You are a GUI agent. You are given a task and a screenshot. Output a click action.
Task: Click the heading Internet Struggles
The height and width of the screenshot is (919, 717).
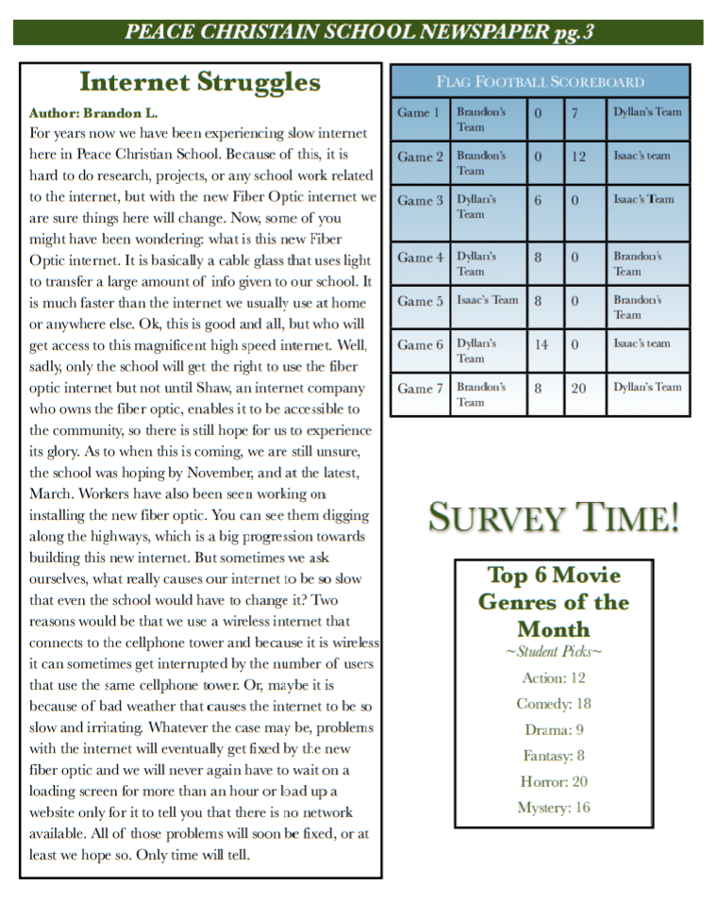(x=200, y=83)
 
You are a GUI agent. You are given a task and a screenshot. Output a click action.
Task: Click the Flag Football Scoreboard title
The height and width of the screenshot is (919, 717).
(x=540, y=82)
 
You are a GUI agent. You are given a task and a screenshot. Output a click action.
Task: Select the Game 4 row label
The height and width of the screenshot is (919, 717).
(x=420, y=258)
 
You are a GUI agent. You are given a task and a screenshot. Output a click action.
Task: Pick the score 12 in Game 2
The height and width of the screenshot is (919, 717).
(x=578, y=157)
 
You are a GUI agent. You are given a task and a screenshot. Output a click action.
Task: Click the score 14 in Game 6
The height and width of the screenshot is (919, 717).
(x=542, y=344)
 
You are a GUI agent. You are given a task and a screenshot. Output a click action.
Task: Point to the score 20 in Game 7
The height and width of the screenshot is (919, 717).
(x=578, y=388)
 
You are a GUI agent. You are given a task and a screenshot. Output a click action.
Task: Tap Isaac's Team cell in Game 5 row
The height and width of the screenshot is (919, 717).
(x=487, y=300)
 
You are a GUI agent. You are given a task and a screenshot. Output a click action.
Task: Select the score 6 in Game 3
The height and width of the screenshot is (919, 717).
(x=538, y=200)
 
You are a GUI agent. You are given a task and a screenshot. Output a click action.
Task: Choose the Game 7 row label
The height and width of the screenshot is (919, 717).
(x=420, y=388)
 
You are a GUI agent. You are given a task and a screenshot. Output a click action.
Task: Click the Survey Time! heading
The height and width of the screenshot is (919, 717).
(x=554, y=518)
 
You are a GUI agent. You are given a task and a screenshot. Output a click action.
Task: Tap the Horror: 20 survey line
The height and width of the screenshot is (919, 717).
(x=554, y=781)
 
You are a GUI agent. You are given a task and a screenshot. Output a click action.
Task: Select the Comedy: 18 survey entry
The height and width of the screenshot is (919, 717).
(x=554, y=704)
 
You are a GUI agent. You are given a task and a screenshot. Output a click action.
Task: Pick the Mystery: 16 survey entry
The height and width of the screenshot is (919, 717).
(x=554, y=808)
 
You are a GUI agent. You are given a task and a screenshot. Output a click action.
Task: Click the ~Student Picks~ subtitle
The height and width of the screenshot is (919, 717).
(x=554, y=652)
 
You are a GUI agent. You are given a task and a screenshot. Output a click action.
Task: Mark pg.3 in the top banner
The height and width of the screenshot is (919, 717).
(x=573, y=33)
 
